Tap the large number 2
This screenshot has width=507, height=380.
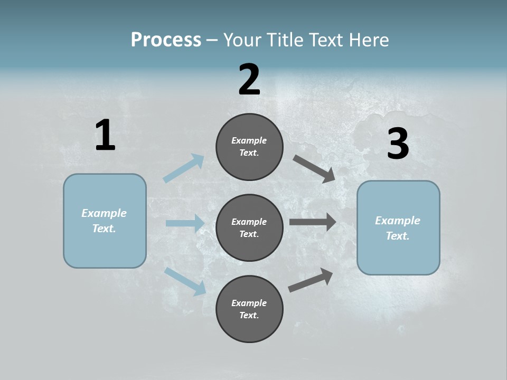pos(249,80)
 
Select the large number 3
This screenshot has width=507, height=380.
pos(398,144)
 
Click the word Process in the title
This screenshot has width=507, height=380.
pos(166,40)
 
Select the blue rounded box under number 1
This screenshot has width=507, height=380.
pos(105,221)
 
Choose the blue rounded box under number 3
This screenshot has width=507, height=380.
pos(398,227)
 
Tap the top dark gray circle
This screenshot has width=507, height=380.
pos(249,147)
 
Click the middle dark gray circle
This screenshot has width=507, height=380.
pos(249,227)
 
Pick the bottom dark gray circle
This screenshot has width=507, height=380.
pos(249,309)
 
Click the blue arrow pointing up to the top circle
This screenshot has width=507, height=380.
pos(184,168)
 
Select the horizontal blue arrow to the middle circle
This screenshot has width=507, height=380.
pos(184,223)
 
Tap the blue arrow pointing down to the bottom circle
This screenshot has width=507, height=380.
pos(185,281)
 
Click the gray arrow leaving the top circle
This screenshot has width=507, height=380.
pos(314,168)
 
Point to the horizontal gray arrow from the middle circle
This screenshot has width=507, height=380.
pos(312,222)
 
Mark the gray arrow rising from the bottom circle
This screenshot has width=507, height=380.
pos(311,280)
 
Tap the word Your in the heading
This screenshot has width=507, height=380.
pos(240,40)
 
